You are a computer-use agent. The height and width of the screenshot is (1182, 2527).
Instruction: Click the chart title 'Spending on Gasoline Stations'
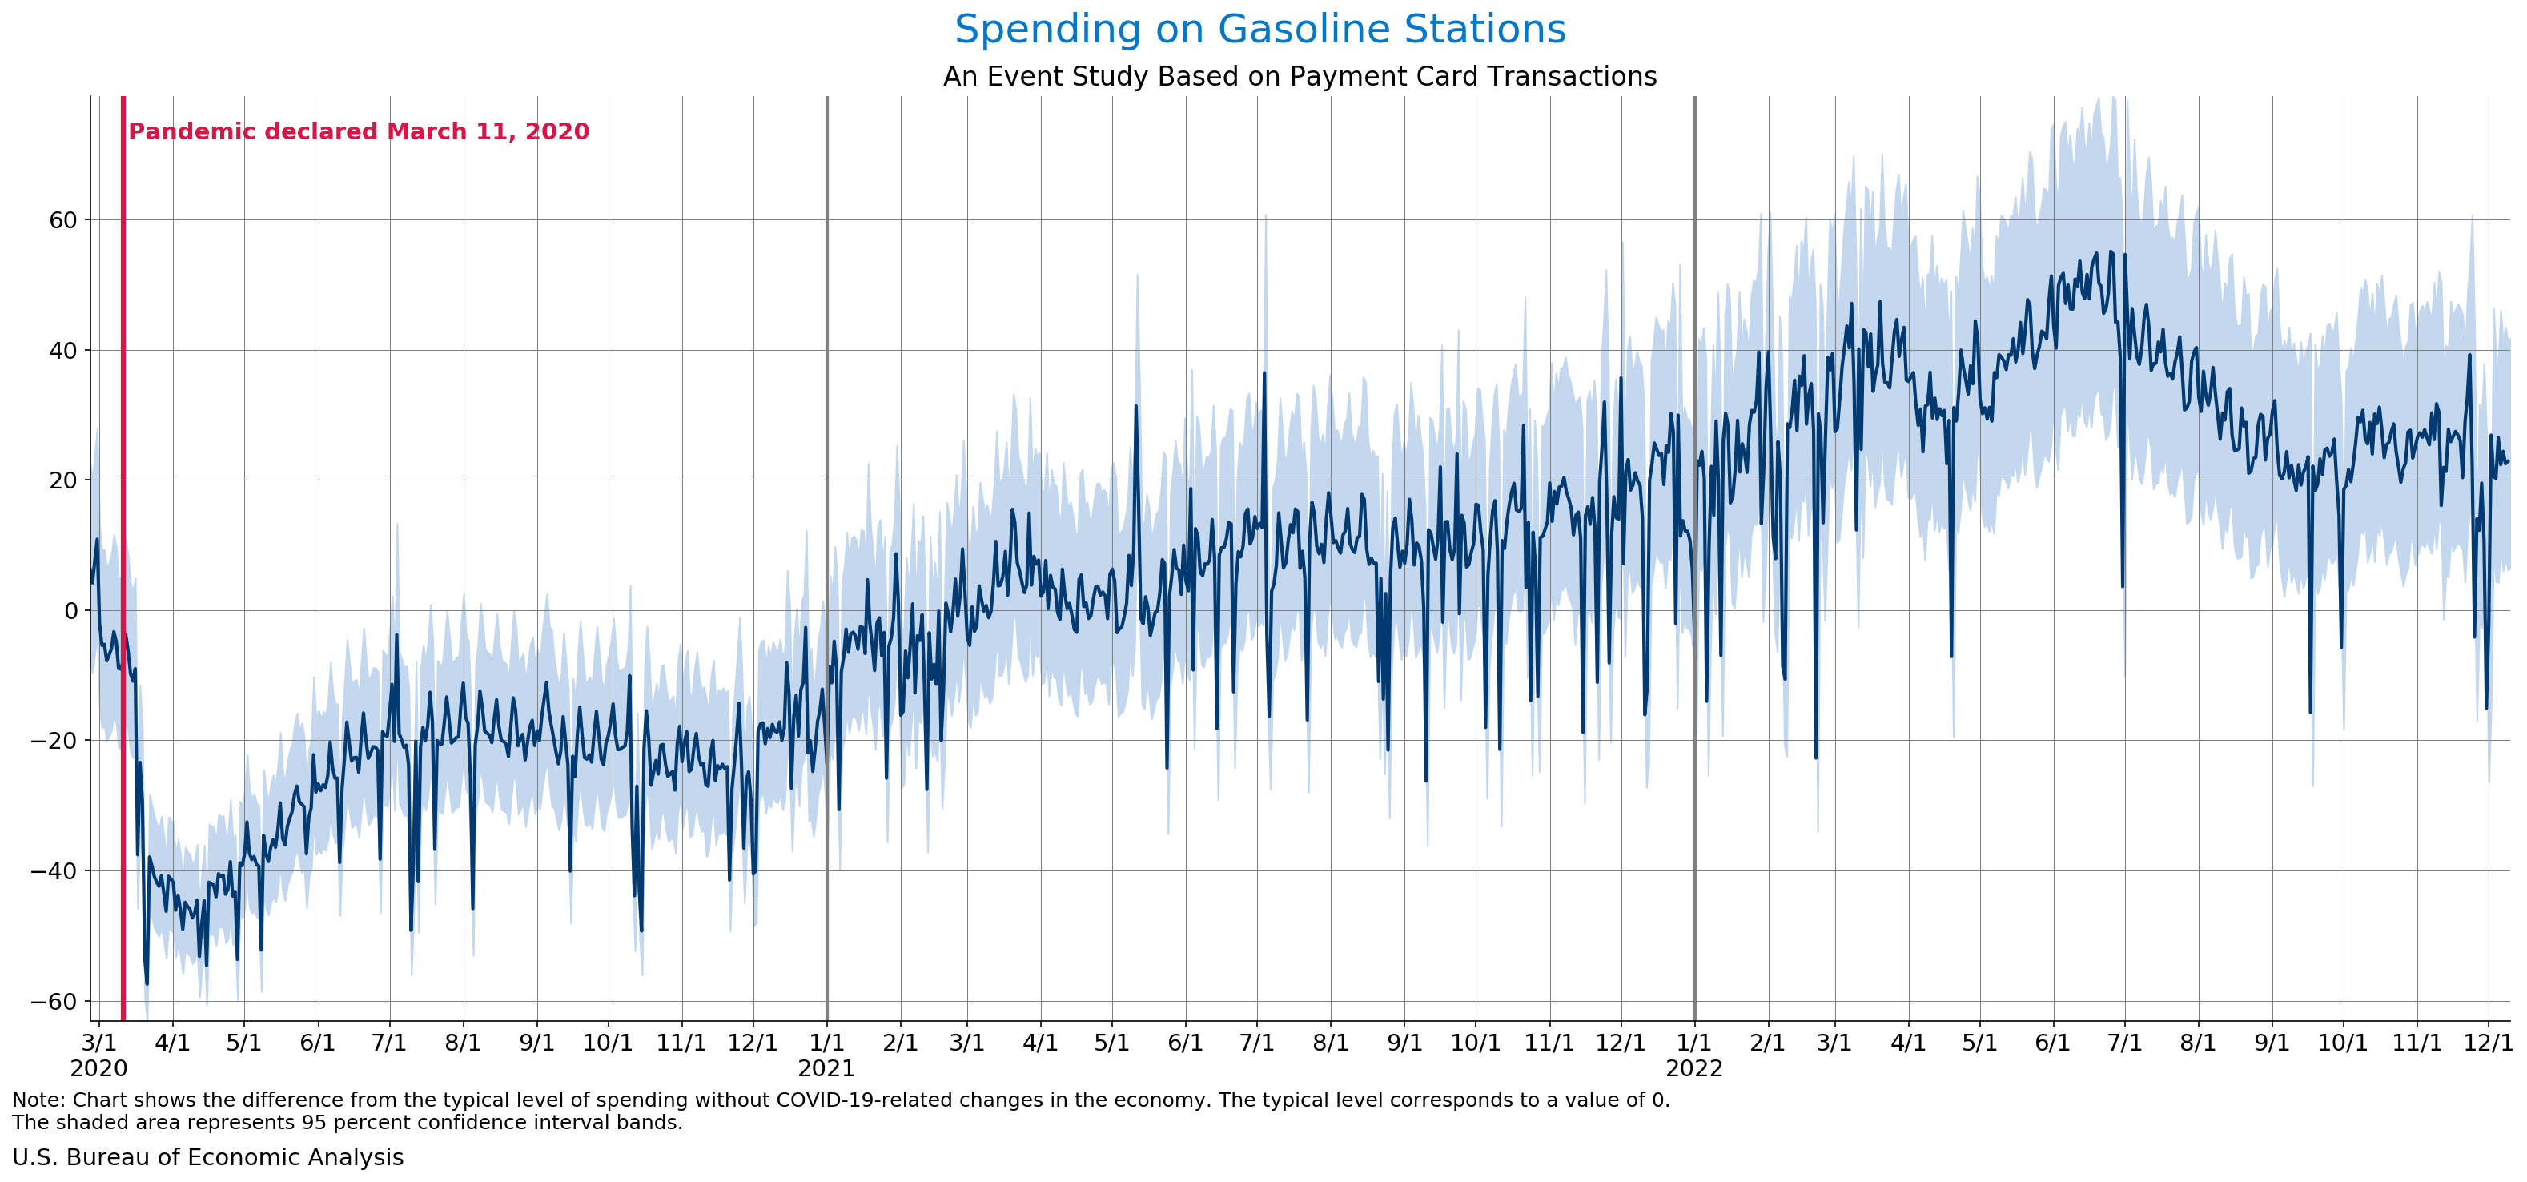click(x=1259, y=30)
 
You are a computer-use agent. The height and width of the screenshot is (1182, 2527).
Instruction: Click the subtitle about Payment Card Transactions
click(x=1299, y=77)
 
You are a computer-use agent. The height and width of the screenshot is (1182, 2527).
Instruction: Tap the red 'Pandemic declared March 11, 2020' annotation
click(x=358, y=131)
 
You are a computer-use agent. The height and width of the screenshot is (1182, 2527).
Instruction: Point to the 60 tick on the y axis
click(x=62, y=219)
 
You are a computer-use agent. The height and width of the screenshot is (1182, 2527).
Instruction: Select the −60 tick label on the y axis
click(x=54, y=1002)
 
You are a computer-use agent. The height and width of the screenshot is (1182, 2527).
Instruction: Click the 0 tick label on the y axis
click(x=70, y=610)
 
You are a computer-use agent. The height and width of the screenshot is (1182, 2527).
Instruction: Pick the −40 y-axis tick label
click(x=54, y=871)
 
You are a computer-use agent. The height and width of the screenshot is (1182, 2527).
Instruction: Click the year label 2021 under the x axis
click(x=826, y=1069)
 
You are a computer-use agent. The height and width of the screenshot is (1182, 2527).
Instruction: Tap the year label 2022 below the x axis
click(x=1694, y=1069)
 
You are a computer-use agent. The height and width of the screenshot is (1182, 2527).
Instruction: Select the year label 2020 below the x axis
click(x=98, y=1069)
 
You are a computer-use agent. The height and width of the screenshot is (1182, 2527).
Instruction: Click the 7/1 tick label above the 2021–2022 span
click(x=1256, y=1043)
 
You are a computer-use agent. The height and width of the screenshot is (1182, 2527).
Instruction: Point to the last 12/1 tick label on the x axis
click(x=2488, y=1043)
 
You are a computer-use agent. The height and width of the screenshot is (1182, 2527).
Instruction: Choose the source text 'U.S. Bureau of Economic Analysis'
click(x=207, y=1157)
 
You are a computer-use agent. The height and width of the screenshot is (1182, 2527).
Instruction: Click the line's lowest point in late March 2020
click(x=147, y=983)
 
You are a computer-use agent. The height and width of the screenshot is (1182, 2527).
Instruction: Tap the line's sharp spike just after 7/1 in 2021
click(x=1263, y=374)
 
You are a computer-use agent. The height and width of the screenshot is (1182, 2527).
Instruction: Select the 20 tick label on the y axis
click(x=62, y=480)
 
